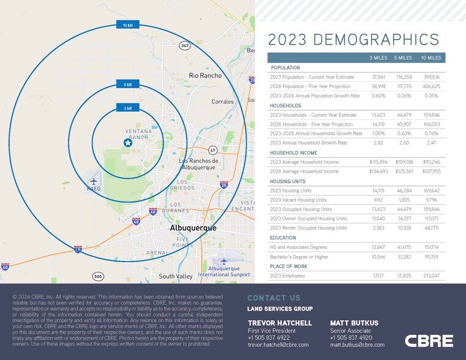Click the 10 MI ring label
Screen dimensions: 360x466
(127, 25)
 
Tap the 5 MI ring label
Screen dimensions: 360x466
(127, 84)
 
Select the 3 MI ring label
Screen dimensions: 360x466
(127, 108)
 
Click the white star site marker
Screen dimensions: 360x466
(127, 143)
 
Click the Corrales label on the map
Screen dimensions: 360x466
(222, 102)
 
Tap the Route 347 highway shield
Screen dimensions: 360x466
(184, 45)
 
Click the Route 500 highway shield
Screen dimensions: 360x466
(98, 276)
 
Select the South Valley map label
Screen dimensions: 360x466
(176, 276)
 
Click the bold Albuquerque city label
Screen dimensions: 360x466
(193, 228)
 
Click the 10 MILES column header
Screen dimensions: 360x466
(430, 58)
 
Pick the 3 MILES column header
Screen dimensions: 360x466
(378, 58)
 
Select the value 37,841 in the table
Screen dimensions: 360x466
(378, 77)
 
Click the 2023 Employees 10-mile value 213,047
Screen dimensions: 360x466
(430, 276)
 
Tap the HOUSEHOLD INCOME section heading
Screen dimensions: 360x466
(293, 152)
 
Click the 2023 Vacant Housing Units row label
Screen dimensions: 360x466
(298, 200)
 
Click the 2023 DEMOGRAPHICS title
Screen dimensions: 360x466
(354, 40)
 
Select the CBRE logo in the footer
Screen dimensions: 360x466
(429, 340)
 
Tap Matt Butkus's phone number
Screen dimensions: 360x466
(351, 337)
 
